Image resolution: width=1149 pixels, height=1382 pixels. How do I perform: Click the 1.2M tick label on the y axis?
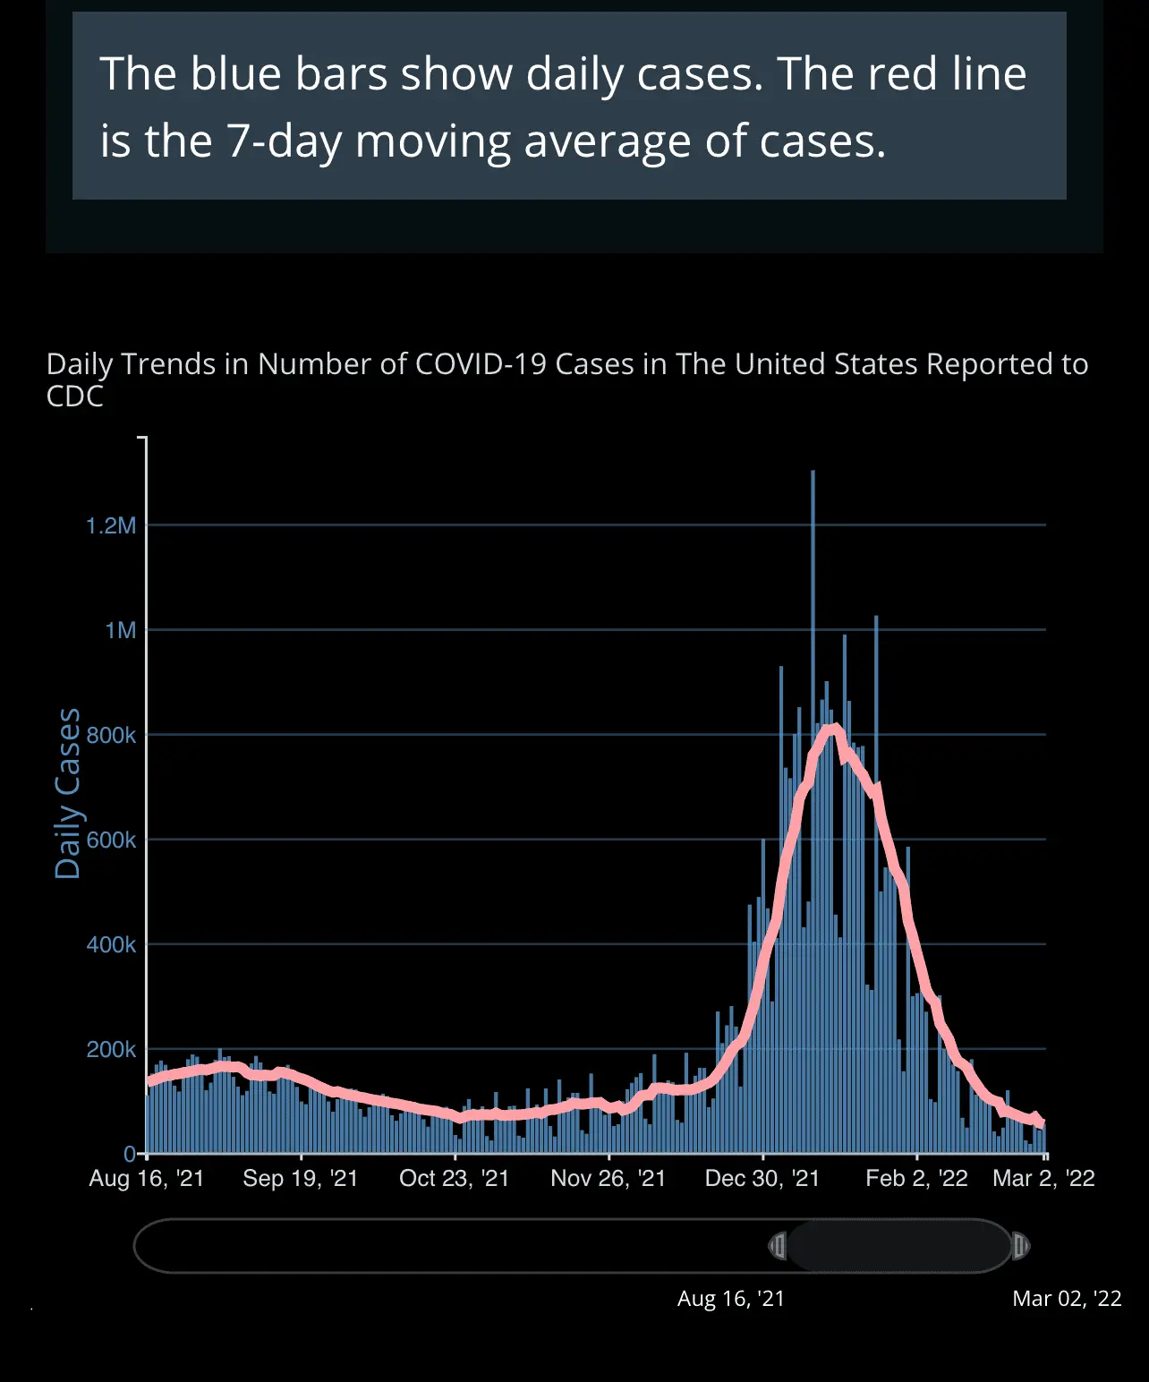(111, 525)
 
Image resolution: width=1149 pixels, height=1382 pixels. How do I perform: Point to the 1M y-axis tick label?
(121, 630)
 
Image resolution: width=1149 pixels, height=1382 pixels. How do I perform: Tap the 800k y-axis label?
(111, 735)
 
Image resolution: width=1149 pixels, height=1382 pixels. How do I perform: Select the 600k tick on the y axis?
(111, 840)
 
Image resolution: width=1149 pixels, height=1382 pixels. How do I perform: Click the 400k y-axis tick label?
(111, 944)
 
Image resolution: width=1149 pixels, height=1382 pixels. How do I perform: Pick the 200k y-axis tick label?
(111, 1049)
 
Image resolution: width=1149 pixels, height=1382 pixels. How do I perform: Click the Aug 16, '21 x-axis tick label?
(147, 1178)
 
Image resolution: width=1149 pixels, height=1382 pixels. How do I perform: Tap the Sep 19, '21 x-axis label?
(301, 1178)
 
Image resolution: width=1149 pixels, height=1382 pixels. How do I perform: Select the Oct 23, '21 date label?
(455, 1178)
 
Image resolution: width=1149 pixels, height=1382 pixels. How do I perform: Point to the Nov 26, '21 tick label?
(609, 1178)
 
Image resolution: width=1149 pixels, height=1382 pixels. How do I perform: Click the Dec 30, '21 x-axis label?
(762, 1178)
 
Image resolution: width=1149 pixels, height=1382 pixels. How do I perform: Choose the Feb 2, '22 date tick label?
(916, 1178)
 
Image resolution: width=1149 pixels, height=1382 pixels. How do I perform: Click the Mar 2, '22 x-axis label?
(1043, 1178)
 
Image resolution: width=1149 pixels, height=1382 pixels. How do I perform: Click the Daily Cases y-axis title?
(68, 793)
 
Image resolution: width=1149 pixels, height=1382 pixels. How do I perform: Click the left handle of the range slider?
(778, 1246)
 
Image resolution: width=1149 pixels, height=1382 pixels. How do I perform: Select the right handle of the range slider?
(1020, 1246)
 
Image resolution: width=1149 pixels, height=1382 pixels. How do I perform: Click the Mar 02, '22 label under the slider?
(1067, 1299)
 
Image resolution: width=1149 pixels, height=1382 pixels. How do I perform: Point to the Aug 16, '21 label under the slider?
(731, 1299)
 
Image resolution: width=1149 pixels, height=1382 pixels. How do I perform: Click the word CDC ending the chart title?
(75, 397)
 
